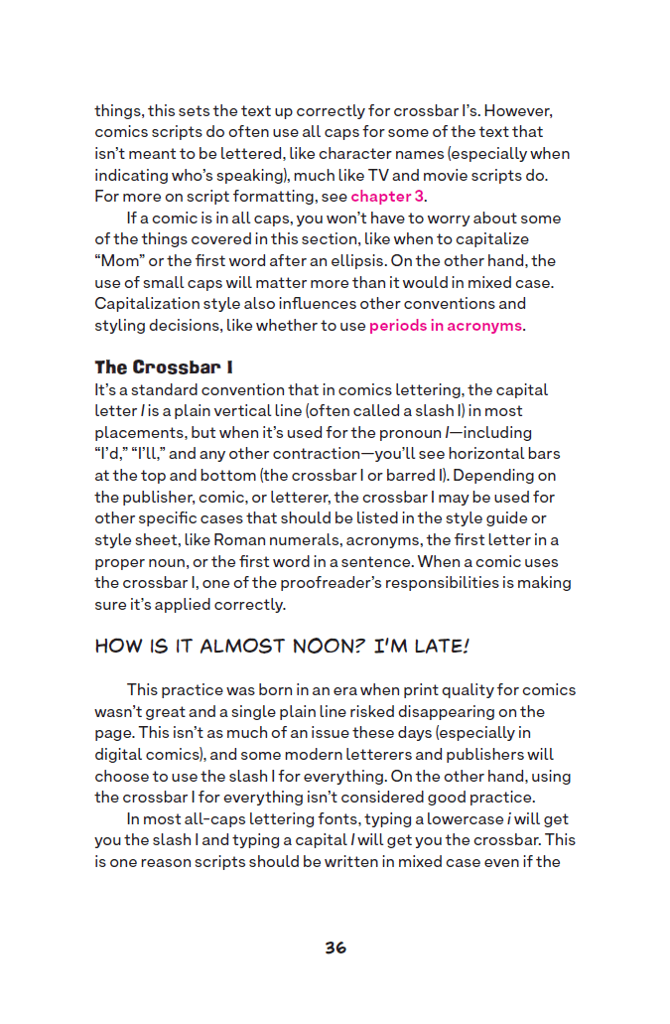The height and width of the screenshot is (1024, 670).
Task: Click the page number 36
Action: (x=335, y=948)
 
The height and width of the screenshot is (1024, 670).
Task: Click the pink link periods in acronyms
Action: (x=446, y=325)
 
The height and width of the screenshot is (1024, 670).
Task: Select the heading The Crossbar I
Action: (x=157, y=367)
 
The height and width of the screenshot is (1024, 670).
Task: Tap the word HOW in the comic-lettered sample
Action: (x=117, y=647)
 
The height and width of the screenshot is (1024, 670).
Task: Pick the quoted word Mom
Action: (x=120, y=260)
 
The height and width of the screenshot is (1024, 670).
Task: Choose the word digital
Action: (x=123, y=754)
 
